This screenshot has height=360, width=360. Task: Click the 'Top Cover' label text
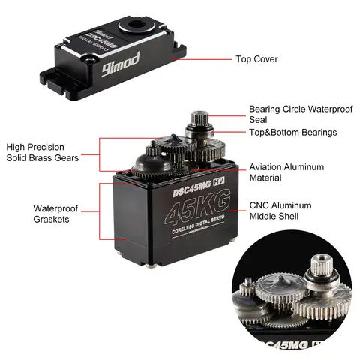(256, 58)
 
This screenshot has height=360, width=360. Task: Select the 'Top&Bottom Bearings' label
(292, 133)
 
